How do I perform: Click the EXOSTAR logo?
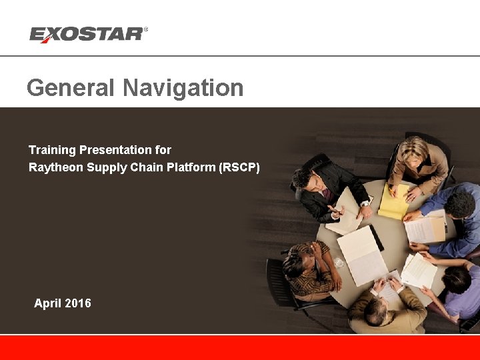(87, 34)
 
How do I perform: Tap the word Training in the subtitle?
(52, 150)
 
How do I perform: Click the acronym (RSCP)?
(239, 167)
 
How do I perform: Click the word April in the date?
(47, 303)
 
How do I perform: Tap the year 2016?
(77, 303)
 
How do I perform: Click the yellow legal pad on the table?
(393, 202)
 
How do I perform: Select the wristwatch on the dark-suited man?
(365, 203)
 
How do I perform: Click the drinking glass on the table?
(339, 263)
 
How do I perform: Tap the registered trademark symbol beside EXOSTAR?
(146, 29)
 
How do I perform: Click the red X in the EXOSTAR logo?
(47, 35)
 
